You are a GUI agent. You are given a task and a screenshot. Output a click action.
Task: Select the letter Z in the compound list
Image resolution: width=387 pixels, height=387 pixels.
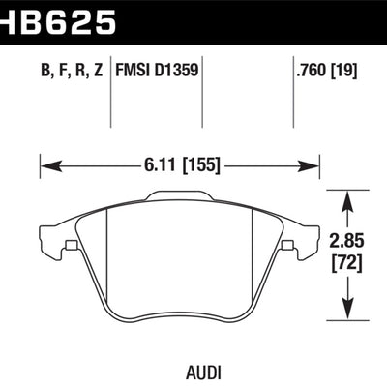(x=99, y=70)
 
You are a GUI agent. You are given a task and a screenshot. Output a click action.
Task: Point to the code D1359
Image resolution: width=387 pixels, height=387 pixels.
(x=179, y=70)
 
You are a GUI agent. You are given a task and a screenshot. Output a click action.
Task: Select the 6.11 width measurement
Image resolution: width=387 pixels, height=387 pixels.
(x=162, y=165)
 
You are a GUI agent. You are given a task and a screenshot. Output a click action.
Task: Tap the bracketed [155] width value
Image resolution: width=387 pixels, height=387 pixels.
(x=203, y=165)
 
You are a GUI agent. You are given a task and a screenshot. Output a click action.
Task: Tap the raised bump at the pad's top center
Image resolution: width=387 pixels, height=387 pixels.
(x=179, y=197)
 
